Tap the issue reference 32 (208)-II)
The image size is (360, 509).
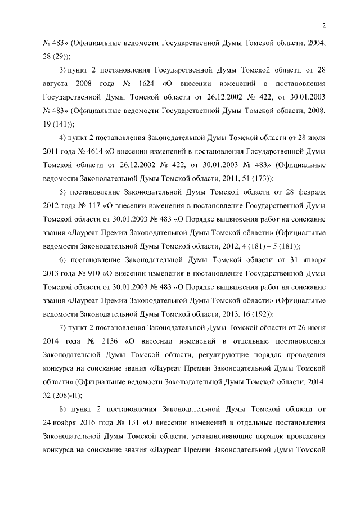(62, 396)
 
